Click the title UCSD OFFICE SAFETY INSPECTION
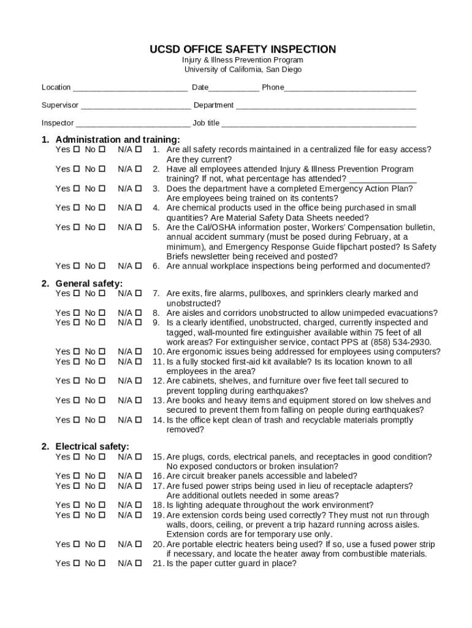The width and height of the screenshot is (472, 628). [243, 49]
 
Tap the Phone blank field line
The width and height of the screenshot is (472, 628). [350, 88]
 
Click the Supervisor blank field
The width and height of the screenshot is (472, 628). [135, 106]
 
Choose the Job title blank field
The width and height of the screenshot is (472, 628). [319, 124]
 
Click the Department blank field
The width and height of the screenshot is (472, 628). [326, 106]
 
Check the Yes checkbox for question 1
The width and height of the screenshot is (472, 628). [77, 150]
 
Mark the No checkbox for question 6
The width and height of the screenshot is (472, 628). [102, 266]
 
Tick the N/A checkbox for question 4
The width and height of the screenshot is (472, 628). [139, 208]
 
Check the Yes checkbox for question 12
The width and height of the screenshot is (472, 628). [77, 381]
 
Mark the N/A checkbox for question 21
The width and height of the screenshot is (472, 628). [139, 563]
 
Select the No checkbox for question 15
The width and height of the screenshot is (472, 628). [102, 457]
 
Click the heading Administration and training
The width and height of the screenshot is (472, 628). [118, 139]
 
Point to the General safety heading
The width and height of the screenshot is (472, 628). [89, 283]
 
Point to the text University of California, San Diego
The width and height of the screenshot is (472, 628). [243, 70]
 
